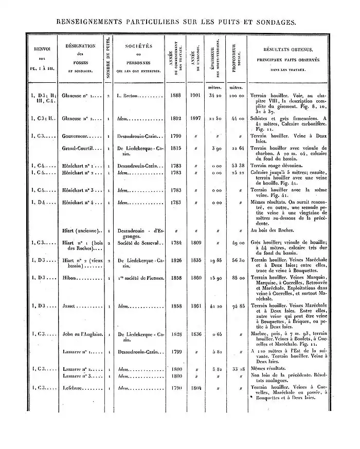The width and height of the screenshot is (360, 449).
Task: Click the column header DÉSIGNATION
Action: click(x=77, y=46)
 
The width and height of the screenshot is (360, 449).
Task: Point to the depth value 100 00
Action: click(x=236, y=95)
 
